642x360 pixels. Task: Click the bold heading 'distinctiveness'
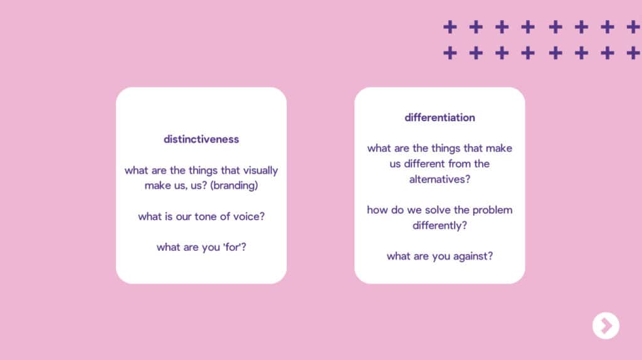click(x=201, y=139)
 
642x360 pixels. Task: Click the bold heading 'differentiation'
click(x=439, y=117)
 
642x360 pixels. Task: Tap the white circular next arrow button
click(x=606, y=326)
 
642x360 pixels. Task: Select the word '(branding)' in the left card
click(x=234, y=186)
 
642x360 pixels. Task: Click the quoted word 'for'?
click(x=234, y=247)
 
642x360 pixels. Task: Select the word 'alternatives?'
click(x=439, y=179)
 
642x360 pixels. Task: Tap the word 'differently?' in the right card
click(x=439, y=226)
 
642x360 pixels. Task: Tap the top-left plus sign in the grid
click(x=450, y=27)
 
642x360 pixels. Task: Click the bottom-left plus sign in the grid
click(x=450, y=53)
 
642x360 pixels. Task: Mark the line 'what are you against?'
click(x=439, y=257)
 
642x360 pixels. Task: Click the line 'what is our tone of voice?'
click(x=201, y=216)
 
